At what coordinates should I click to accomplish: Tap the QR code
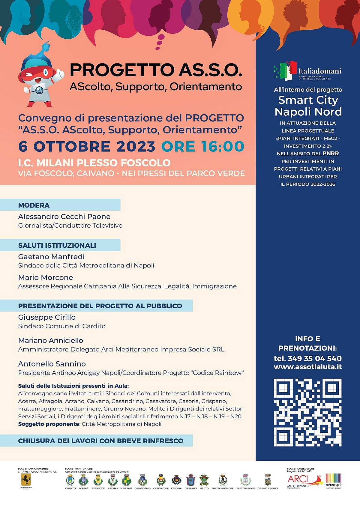click(x=307, y=412)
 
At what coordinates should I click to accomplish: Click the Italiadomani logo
click(x=307, y=71)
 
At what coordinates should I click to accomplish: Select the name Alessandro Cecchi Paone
click(x=64, y=217)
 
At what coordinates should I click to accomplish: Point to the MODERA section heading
click(x=34, y=205)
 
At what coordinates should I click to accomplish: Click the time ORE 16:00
click(x=203, y=147)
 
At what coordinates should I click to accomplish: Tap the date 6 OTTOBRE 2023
click(x=87, y=147)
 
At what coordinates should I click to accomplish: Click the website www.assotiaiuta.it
click(x=307, y=367)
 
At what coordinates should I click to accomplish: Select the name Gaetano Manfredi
click(x=51, y=257)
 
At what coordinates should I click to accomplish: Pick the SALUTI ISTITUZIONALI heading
click(x=57, y=246)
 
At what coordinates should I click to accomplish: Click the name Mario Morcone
click(x=46, y=277)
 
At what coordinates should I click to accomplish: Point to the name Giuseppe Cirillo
click(x=47, y=317)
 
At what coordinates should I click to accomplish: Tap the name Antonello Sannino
click(x=52, y=364)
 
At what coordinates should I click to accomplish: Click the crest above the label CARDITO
click(x=70, y=480)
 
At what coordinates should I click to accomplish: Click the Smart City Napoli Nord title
click(x=308, y=106)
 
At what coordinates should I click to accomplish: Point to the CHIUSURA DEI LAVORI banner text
click(x=100, y=441)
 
